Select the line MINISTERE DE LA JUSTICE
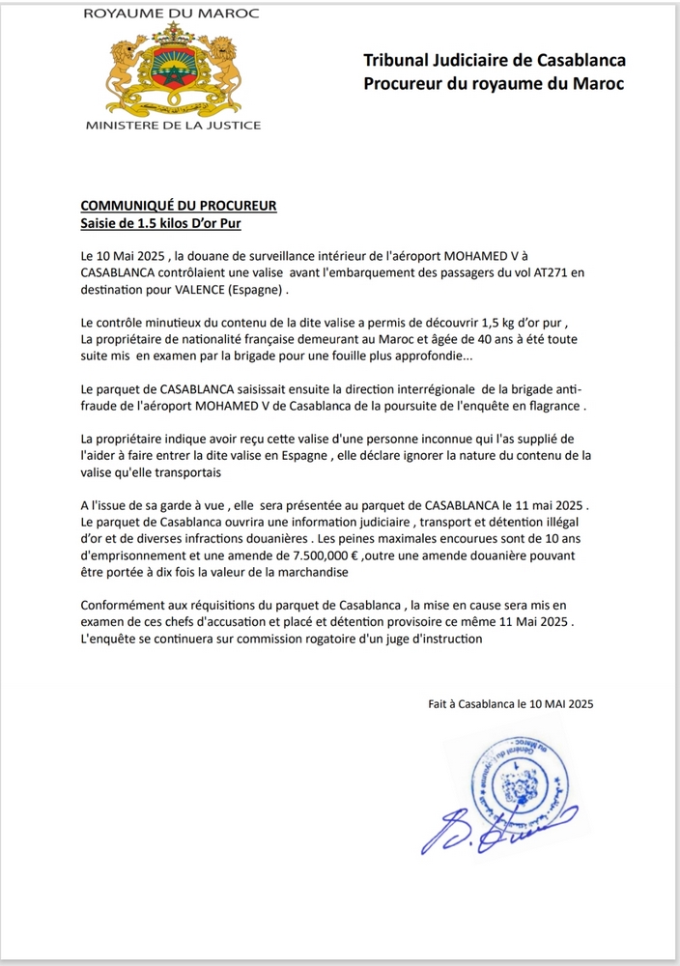pyautogui.click(x=173, y=126)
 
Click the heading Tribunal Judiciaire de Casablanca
pyautogui.click(x=495, y=61)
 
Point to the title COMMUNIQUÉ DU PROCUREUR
pyautogui.click(x=179, y=206)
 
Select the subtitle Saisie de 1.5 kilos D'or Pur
pyautogui.click(x=159, y=223)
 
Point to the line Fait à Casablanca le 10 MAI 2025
pyautogui.click(x=510, y=704)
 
